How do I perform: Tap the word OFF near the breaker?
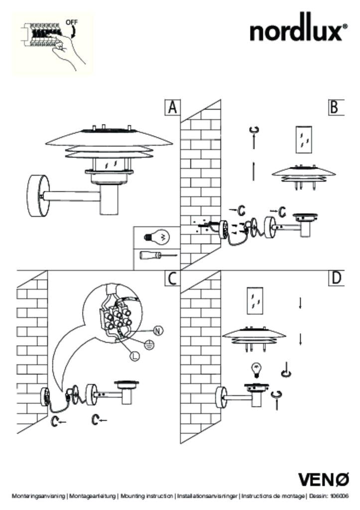(x=72, y=22)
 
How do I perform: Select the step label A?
(x=172, y=108)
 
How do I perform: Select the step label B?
(x=335, y=108)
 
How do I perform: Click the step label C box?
(x=172, y=278)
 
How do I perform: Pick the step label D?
(x=336, y=278)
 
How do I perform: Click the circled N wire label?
(x=158, y=331)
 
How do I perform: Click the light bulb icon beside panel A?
(x=157, y=237)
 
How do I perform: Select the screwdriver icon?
(x=158, y=255)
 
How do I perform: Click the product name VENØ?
(x=324, y=480)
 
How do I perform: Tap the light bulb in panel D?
(x=256, y=370)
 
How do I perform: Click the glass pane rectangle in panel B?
(x=304, y=139)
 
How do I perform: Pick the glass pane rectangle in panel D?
(x=255, y=301)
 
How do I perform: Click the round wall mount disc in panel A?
(x=39, y=196)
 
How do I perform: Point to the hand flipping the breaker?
(x=68, y=52)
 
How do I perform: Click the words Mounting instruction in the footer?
(x=146, y=496)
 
